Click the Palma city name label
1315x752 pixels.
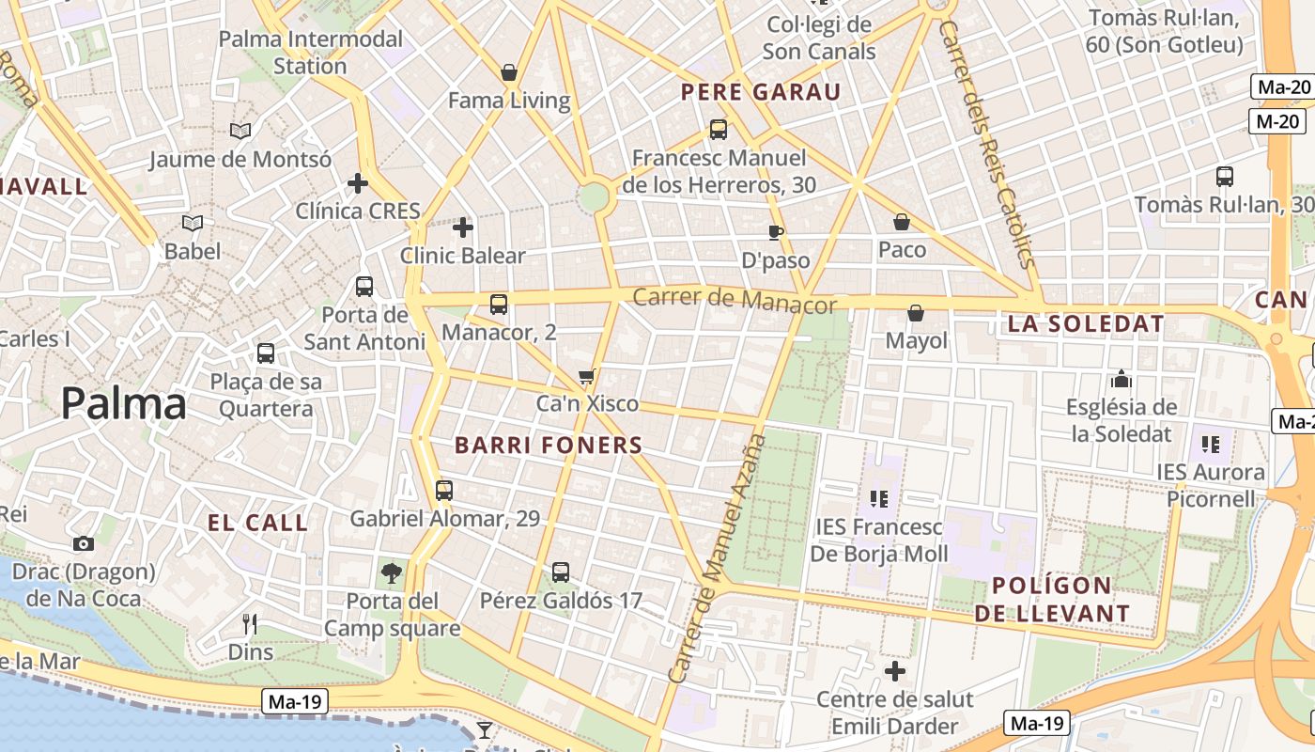(x=123, y=404)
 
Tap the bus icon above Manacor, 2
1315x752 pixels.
(x=499, y=304)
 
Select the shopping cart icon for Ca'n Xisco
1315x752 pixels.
(x=587, y=377)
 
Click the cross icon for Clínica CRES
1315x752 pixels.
(x=357, y=182)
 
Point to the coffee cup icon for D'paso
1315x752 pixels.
(x=775, y=232)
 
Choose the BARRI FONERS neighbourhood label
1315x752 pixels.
(x=549, y=446)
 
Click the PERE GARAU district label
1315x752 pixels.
(x=761, y=92)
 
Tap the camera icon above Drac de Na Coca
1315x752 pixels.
(x=84, y=543)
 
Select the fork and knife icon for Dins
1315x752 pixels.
(x=250, y=623)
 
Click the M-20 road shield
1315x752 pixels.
(x=1278, y=120)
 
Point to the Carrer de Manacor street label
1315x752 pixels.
(x=734, y=301)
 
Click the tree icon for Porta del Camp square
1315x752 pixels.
(x=392, y=572)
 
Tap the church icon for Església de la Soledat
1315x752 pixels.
(x=1120, y=379)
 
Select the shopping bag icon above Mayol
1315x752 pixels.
(x=916, y=313)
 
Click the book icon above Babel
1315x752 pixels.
(x=193, y=224)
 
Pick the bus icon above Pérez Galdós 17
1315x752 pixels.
(x=561, y=572)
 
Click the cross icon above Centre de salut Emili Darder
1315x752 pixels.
(x=894, y=671)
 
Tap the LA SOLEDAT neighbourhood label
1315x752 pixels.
(x=1086, y=324)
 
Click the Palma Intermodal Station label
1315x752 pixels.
(x=311, y=53)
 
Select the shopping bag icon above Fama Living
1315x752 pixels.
(x=509, y=72)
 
